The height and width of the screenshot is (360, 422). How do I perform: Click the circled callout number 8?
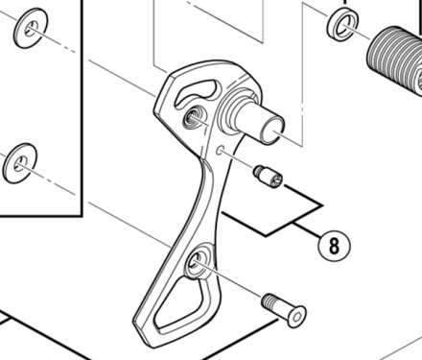[x=334, y=245]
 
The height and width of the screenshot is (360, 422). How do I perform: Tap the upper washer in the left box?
[x=31, y=29]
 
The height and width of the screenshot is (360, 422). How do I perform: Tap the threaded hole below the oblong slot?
[x=192, y=117]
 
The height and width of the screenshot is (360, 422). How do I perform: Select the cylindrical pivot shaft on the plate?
[x=262, y=121]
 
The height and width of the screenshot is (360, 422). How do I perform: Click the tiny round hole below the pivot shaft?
[x=223, y=151]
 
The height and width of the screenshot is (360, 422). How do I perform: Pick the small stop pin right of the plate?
[x=268, y=178]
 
